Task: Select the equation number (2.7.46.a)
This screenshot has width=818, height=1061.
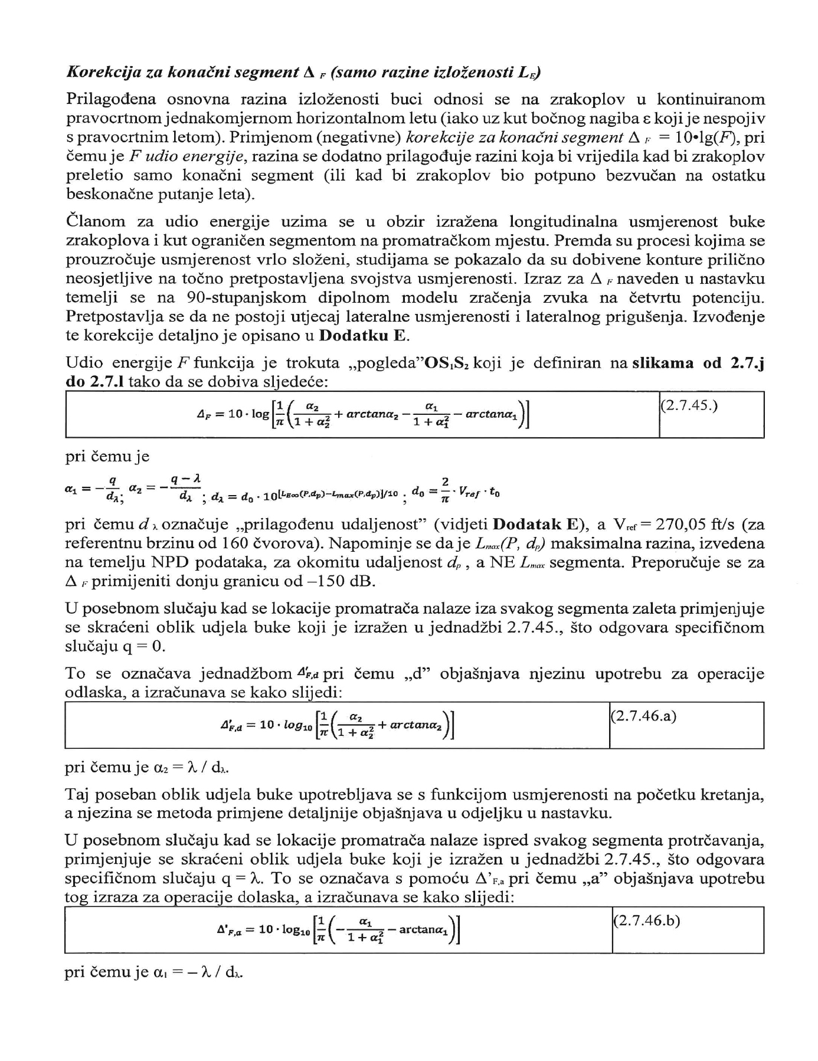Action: click(643, 716)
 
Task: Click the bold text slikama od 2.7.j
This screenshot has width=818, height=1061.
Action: click(698, 363)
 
